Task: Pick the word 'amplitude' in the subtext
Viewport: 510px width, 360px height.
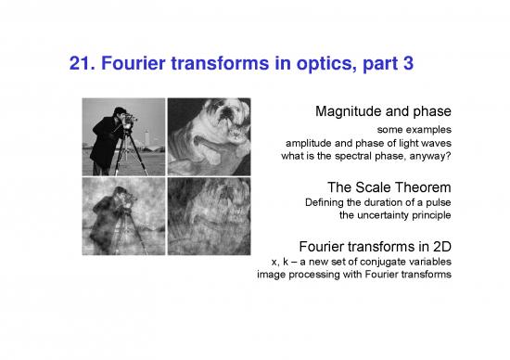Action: [307, 144]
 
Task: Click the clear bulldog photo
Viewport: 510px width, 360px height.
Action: [208, 136]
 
